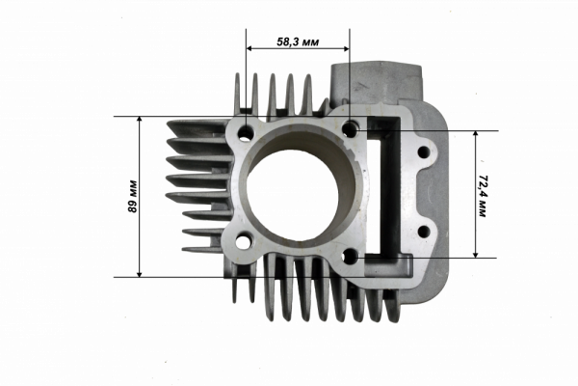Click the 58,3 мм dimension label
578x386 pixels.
[x=298, y=42]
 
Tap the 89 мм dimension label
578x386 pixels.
[x=132, y=196]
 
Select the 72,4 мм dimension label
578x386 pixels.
[x=482, y=197]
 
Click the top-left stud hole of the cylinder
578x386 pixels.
[x=246, y=132]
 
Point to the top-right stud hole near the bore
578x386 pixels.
[x=350, y=129]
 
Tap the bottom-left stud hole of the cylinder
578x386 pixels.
[x=243, y=242]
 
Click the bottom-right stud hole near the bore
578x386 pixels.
[x=351, y=257]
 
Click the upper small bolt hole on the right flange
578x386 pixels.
[x=424, y=152]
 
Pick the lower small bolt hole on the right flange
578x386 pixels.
[x=424, y=232]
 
